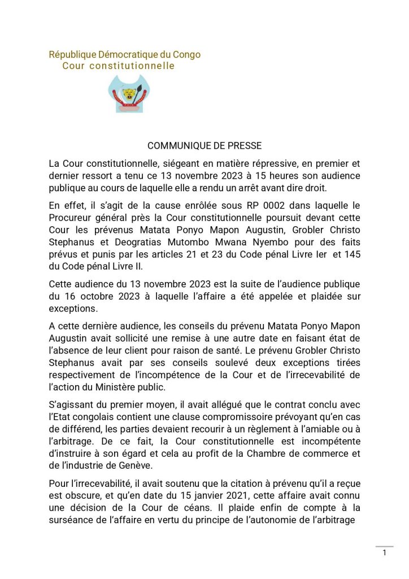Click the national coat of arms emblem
coord(130,93)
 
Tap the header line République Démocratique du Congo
coord(124,55)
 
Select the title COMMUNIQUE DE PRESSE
coord(204,146)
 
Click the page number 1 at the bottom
coord(385,553)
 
